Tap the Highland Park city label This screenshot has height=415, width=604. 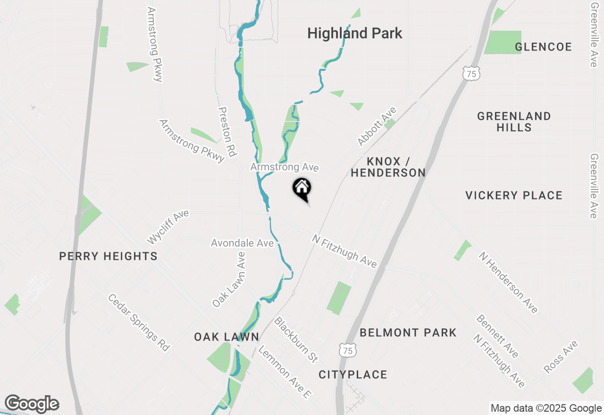(355, 33)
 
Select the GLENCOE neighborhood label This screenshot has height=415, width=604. (543, 47)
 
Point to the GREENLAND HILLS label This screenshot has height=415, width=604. (514, 122)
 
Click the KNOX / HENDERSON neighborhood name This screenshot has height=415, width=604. (388, 167)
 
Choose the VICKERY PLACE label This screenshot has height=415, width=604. (514, 195)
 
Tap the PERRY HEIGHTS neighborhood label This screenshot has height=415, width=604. (108, 256)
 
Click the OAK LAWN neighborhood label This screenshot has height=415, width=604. (226, 337)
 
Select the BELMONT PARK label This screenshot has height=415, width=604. (408, 332)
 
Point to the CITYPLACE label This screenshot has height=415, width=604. (353, 374)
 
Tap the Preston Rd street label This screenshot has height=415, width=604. (226, 131)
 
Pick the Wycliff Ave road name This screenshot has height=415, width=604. (168, 227)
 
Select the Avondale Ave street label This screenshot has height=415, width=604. (242, 243)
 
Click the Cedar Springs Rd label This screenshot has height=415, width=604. (139, 322)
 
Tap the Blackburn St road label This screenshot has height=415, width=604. (296, 340)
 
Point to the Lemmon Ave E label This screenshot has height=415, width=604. (285, 372)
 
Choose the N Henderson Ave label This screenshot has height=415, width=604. (508, 282)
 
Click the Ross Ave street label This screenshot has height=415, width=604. (561, 357)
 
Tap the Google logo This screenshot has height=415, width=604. (32, 404)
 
